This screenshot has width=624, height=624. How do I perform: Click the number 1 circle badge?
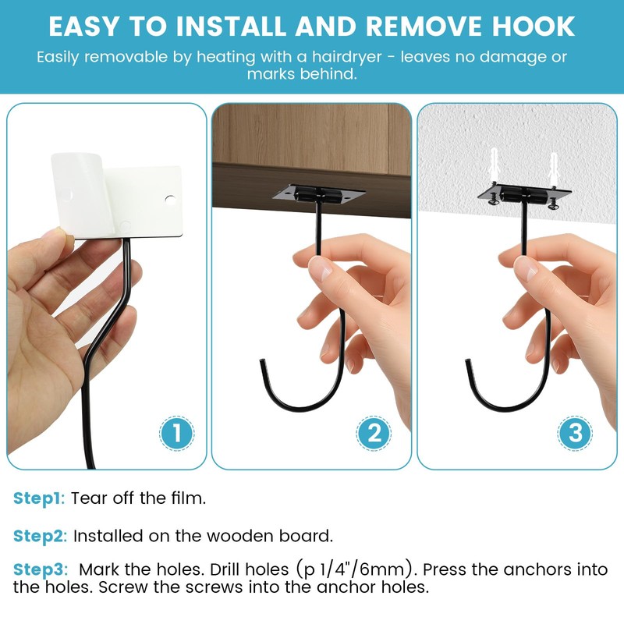tap(177, 433)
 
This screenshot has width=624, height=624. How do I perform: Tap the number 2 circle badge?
tap(374, 433)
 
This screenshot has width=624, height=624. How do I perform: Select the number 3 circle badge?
tap(575, 433)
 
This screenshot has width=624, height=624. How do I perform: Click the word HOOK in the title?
tap(534, 27)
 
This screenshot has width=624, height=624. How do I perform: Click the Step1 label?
tap(38, 498)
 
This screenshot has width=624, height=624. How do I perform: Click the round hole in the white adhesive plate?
tap(170, 200)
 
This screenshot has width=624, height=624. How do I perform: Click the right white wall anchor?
tap(554, 167)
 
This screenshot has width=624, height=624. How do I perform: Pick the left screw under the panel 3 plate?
tap(494, 199)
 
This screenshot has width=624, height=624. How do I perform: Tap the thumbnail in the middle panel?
tap(321, 267)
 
